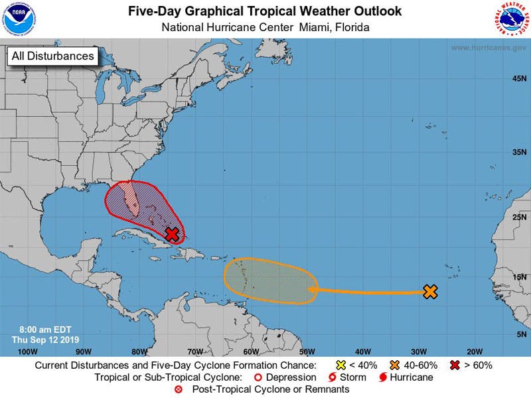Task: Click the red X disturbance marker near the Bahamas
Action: [172, 234]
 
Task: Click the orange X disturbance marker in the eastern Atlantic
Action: [430, 291]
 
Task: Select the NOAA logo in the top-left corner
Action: [20, 19]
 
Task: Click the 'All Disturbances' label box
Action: [52, 56]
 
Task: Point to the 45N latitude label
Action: [520, 79]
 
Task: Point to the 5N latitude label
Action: [522, 335]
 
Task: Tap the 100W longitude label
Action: [27, 351]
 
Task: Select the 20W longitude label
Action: [474, 351]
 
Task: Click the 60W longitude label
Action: [250, 351]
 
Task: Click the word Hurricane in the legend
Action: [412, 377]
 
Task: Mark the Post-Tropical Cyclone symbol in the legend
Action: [178, 389]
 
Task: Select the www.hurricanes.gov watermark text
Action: [489, 48]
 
